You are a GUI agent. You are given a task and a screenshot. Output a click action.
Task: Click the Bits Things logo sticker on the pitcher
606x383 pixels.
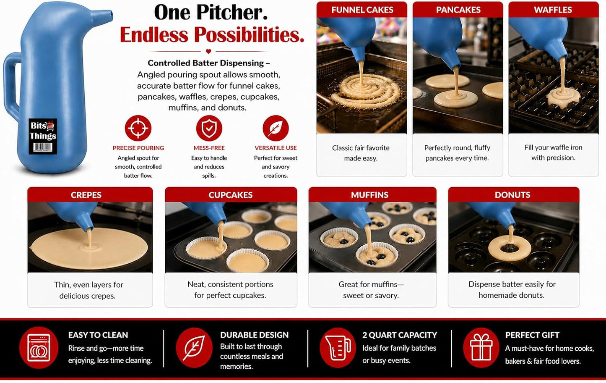43,136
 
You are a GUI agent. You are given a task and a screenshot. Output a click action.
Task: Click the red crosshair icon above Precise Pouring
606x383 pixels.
138,128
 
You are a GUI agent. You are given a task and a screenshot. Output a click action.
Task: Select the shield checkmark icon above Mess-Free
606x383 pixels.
209,128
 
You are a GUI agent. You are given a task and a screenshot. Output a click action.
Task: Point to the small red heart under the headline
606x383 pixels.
208,51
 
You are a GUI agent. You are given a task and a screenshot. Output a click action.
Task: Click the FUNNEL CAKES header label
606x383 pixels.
362,10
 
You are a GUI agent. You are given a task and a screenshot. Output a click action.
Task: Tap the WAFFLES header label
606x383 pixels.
553,10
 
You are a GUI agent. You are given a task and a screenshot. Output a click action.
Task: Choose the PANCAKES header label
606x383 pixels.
458,10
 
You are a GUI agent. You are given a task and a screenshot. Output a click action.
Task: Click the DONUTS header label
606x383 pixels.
512,195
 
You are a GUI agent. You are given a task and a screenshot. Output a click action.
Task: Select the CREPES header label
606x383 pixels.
86,195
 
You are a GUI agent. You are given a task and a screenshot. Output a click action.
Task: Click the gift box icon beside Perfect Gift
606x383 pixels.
481,348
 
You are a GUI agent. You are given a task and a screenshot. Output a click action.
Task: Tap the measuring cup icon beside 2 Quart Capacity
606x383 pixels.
338,348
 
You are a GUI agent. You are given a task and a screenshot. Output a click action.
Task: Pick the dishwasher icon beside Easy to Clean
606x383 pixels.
39,348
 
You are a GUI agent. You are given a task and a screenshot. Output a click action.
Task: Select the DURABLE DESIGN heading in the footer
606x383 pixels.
254,335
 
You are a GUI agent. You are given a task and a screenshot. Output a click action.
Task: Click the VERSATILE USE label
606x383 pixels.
276,148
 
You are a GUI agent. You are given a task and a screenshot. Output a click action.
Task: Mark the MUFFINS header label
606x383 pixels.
369,195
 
